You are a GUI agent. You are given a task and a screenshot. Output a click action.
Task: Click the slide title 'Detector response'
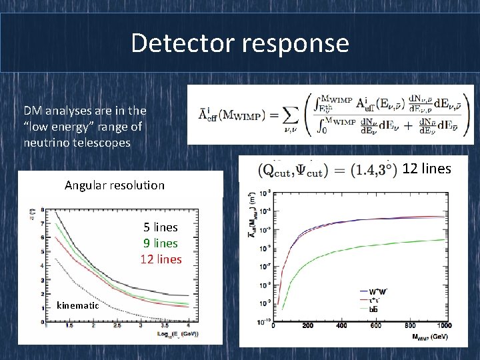[240, 43]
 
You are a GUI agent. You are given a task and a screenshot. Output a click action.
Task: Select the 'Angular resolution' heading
[114, 185]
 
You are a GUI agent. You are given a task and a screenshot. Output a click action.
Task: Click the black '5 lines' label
[161, 227]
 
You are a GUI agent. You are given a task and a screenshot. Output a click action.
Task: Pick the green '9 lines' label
[161, 243]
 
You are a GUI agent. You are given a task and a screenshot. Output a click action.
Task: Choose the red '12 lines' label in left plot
[161, 259]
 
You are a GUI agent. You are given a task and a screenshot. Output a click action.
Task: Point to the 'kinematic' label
[78, 305]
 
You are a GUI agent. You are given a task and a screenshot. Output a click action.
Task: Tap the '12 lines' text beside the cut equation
[427, 169]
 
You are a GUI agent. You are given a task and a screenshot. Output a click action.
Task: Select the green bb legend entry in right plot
[369, 309]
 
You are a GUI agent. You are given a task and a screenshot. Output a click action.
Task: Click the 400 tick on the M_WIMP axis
[341, 326]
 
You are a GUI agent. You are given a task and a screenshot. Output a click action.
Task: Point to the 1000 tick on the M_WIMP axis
[441, 326]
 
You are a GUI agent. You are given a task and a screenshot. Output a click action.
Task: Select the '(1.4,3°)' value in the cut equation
[371, 170]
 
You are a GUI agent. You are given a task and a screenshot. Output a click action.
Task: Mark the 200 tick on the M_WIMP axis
[307, 326]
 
